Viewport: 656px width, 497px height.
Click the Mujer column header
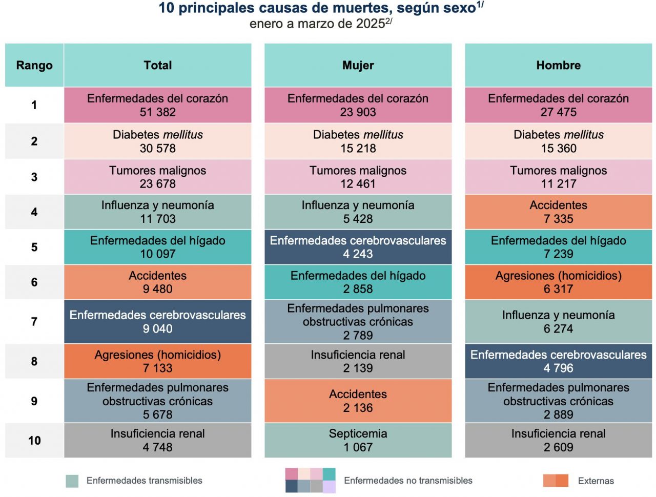point(358,66)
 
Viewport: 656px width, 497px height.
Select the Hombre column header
point(558,66)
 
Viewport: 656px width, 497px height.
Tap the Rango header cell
point(34,66)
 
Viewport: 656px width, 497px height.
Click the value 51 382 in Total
point(157,112)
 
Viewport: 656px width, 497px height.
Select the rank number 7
point(34,322)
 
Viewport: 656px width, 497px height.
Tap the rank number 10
point(34,441)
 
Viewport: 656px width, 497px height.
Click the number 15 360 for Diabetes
point(558,149)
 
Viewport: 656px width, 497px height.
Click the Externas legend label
point(596,481)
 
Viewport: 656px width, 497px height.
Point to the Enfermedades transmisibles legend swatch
point(72,481)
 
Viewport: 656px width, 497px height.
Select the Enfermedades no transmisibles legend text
point(408,481)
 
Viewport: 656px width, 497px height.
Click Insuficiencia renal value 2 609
point(558,447)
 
